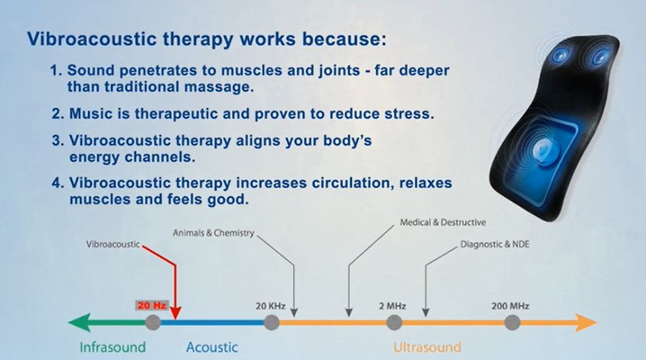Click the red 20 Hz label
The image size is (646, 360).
(x=152, y=306)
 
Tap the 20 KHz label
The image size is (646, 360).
(x=270, y=306)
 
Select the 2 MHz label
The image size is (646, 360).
(x=392, y=306)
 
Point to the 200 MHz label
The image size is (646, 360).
(x=510, y=306)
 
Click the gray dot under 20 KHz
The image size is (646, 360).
(x=271, y=322)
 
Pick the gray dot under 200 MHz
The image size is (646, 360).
(x=512, y=322)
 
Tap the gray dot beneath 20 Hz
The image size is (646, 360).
(x=153, y=322)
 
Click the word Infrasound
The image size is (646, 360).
(x=112, y=347)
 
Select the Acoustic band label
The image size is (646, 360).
(x=211, y=347)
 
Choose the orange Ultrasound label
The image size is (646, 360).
(x=427, y=347)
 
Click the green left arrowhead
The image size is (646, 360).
(x=78, y=322)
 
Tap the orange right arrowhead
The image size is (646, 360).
(x=587, y=322)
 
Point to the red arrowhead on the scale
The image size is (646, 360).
(x=175, y=313)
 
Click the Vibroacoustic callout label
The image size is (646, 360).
(x=112, y=244)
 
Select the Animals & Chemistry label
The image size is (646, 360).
(x=213, y=233)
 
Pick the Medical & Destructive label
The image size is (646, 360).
(x=443, y=222)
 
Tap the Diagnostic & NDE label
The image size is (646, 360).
(x=495, y=244)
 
